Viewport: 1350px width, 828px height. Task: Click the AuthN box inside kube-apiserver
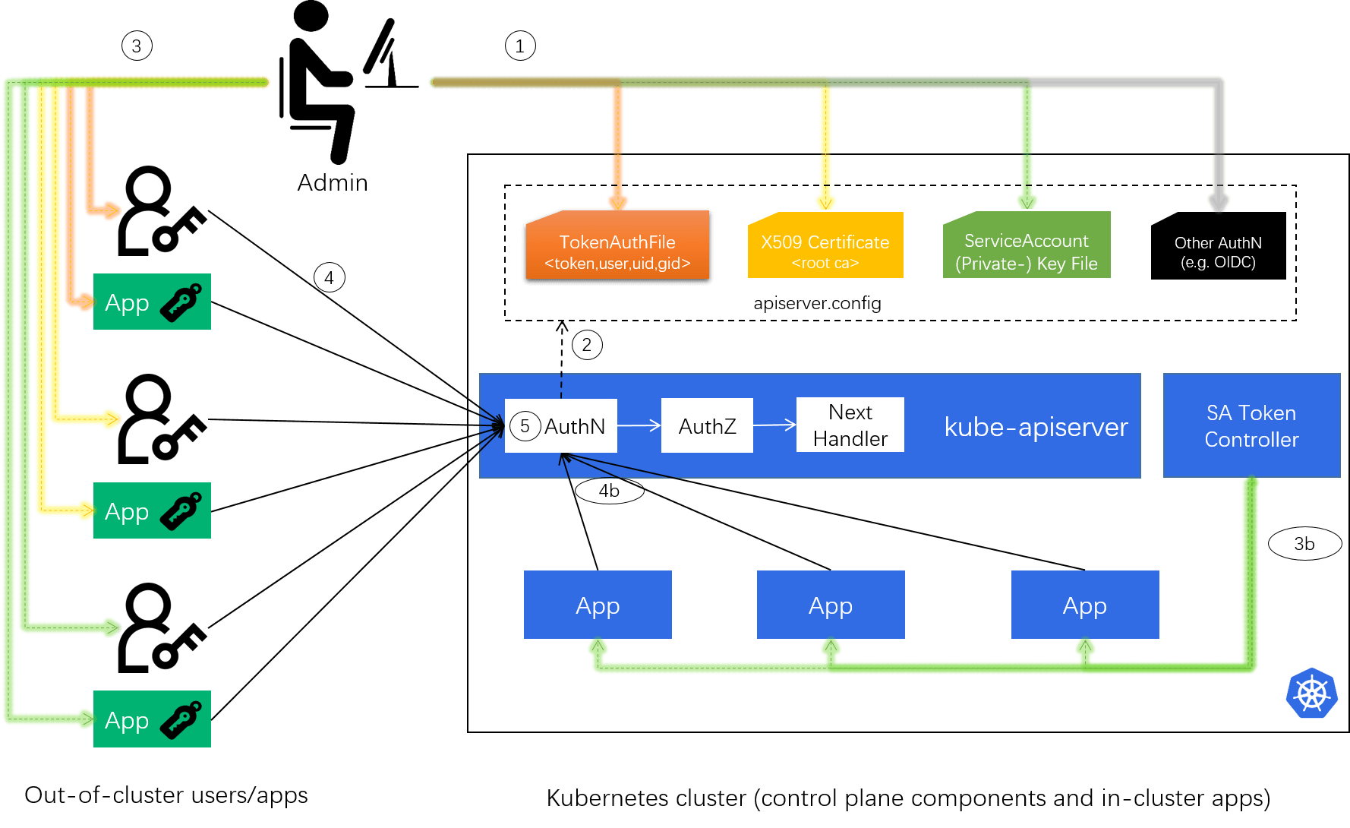click(x=561, y=426)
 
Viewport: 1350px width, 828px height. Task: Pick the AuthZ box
click(x=707, y=426)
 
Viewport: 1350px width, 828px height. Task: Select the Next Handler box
click(x=850, y=425)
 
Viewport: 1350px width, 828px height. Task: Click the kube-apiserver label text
click(x=1036, y=427)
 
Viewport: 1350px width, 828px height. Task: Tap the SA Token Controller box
click(x=1251, y=425)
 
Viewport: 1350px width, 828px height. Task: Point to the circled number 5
click(x=525, y=426)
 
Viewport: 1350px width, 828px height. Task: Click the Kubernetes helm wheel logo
click(x=1311, y=693)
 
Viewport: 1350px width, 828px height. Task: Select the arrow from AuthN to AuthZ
click(x=639, y=426)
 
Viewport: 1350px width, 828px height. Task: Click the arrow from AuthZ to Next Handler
click(x=774, y=425)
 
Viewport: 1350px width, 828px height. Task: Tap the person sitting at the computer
click(x=349, y=82)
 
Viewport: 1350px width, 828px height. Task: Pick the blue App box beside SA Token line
click(x=1084, y=605)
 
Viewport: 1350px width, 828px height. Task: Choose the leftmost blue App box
click(x=598, y=605)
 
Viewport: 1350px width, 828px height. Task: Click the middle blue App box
click(x=831, y=605)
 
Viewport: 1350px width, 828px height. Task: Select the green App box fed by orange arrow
click(x=152, y=302)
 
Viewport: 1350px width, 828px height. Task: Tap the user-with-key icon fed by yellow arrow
click(x=162, y=419)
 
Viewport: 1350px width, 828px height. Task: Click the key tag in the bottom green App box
click(x=181, y=719)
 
